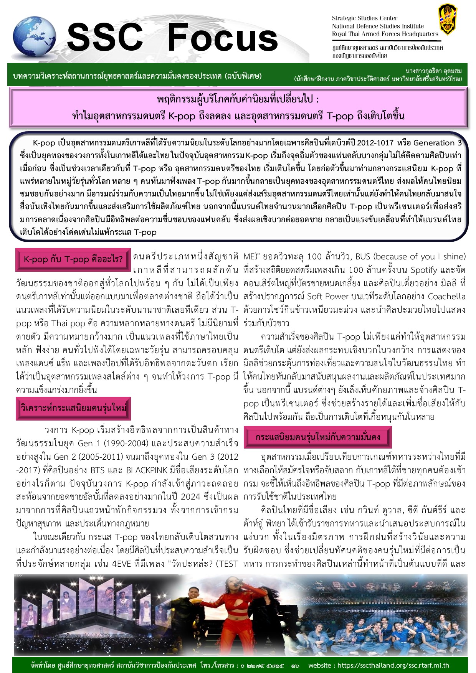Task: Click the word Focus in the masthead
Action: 222,38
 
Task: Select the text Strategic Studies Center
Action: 364,18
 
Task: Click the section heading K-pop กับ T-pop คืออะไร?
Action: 73,259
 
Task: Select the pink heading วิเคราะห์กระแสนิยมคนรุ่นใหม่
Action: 73,408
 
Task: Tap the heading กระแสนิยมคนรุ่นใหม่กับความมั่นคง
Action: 317,437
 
